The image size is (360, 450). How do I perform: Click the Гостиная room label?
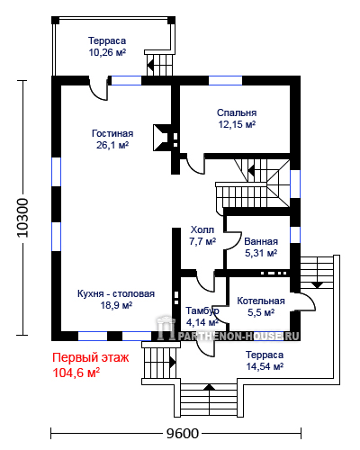tap(112, 133)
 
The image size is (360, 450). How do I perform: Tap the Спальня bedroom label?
tap(237, 112)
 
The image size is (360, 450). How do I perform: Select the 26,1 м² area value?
tap(112, 145)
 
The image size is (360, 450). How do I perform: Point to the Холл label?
tap(202, 229)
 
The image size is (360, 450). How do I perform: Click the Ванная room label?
tap(261, 241)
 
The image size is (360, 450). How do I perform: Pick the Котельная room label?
tap(261, 301)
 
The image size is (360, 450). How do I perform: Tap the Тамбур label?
tap(202, 310)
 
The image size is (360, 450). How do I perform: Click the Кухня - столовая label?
tap(116, 293)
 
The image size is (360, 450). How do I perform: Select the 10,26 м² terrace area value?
tap(107, 52)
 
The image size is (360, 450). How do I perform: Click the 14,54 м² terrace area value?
tap(265, 366)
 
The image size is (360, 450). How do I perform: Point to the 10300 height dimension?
tap(22, 218)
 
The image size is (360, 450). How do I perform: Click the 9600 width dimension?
tap(183, 434)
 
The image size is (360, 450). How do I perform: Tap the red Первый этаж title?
tap(91, 358)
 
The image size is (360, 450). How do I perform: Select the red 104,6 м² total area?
tap(76, 373)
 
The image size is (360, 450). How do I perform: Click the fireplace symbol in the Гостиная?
tap(162, 138)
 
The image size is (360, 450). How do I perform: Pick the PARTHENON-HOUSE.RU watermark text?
tap(238, 337)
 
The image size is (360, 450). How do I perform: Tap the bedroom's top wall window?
tap(225, 80)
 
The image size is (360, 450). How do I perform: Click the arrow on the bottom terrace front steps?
tap(210, 387)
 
